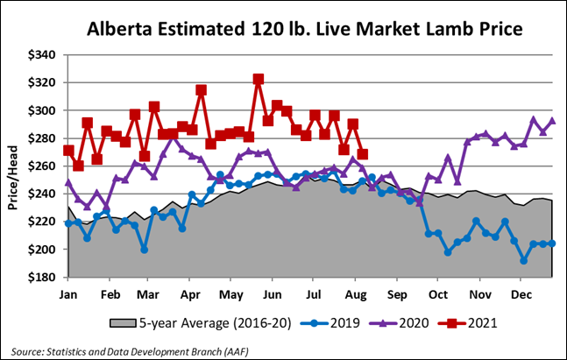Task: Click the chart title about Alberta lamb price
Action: (304, 28)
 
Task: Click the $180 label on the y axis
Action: (41, 278)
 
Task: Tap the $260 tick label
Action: (41, 166)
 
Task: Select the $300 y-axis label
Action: (41, 110)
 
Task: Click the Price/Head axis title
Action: (13, 165)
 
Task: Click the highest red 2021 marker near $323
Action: (259, 79)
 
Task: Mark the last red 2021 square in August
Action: (363, 154)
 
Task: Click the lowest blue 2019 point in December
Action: (524, 260)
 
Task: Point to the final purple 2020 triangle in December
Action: (552, 121)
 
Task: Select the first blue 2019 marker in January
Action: (68, 224)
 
